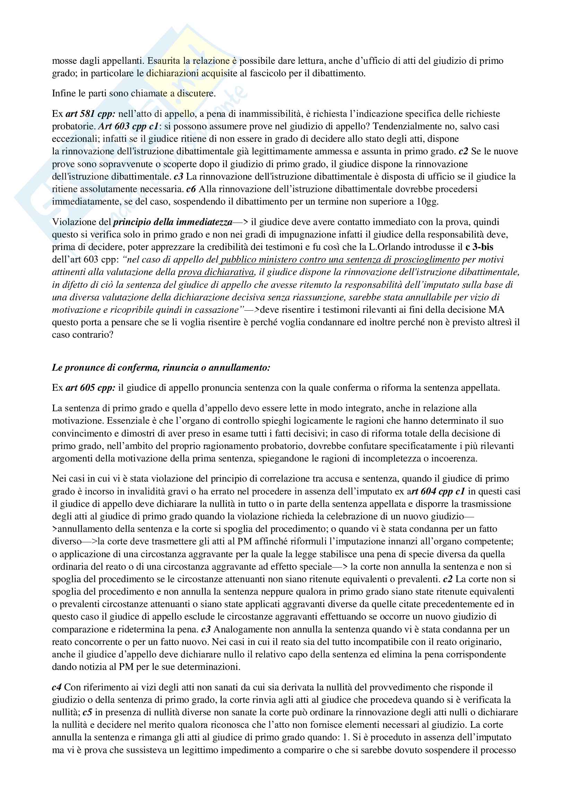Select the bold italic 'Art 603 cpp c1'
(x=128, y=127)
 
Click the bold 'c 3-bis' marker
(x=479, y=247)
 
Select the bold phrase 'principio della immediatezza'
(x=173, y=222)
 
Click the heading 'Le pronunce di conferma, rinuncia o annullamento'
(x=161, y=368)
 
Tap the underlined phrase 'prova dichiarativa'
(x=216, y=272)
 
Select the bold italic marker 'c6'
(x=191, y=189)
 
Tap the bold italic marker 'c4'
(x=57, y=687)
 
